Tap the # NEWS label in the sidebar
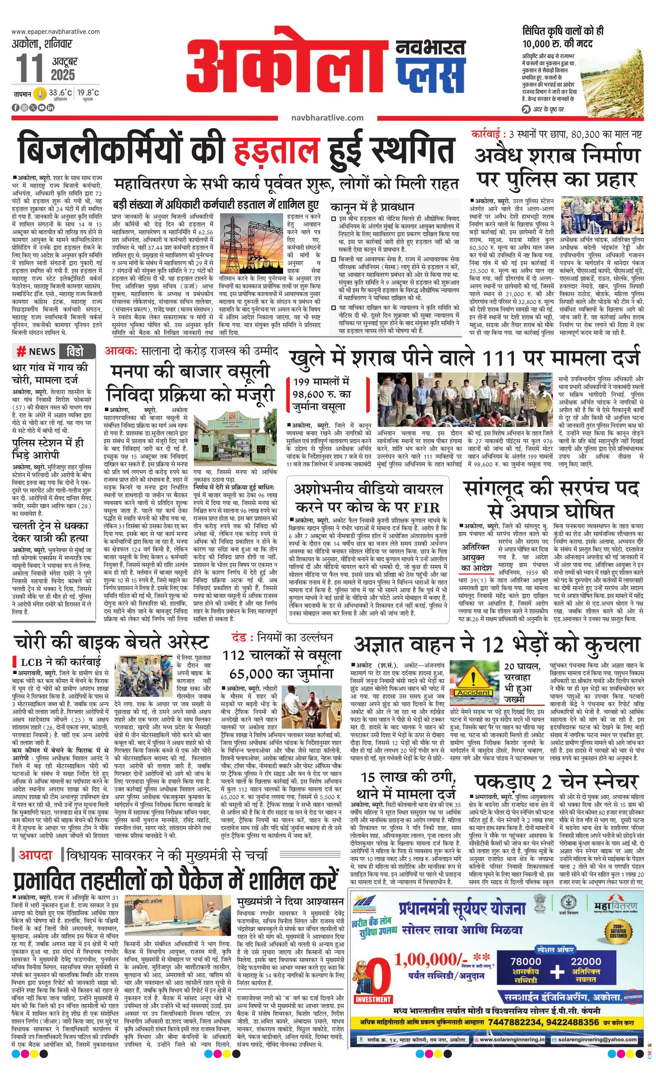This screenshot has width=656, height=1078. click(x=37, y=351)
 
